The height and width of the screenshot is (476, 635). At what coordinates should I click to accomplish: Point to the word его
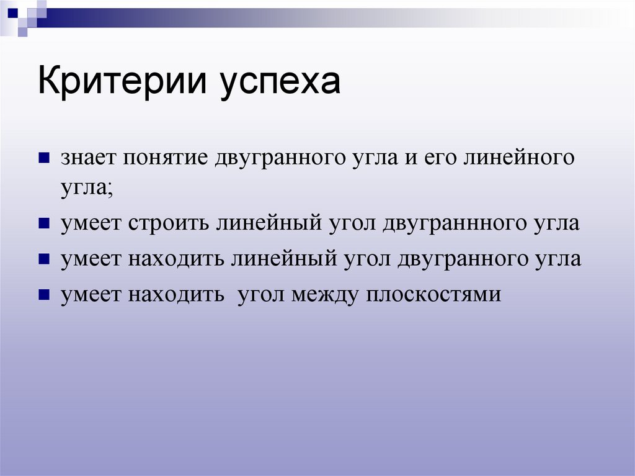coord(440,158)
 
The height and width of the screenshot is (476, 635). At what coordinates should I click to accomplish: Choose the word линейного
coord(518,158)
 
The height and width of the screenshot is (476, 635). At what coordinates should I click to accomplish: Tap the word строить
coord(169,223)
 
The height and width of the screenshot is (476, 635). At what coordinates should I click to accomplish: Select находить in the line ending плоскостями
coord(176,294)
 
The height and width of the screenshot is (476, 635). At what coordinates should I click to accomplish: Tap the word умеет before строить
coord(91,223)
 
